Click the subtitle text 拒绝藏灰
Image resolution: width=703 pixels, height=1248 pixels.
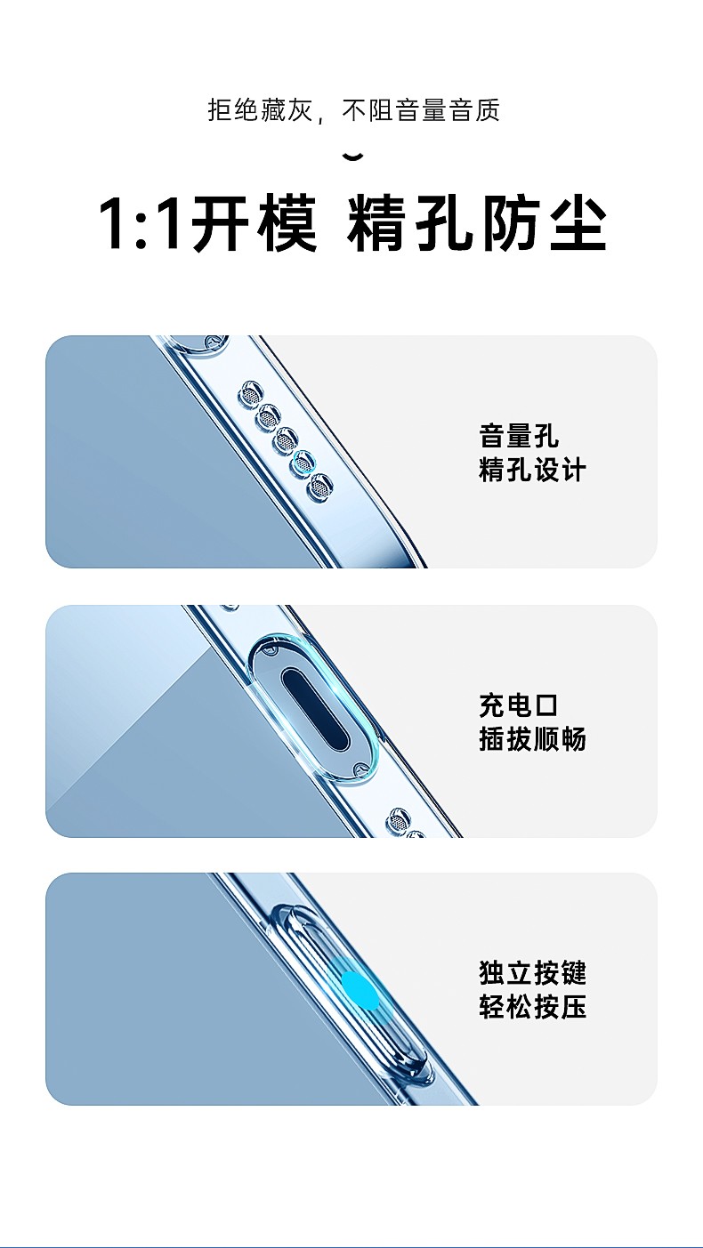259,109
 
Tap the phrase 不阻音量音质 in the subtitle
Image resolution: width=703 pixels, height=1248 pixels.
421,109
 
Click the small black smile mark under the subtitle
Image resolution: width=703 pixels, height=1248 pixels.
353,157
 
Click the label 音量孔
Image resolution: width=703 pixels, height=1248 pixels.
519,436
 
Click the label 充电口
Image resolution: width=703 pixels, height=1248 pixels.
519,705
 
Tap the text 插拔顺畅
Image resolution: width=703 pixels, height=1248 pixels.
532,739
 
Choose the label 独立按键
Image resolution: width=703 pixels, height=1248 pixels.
532,973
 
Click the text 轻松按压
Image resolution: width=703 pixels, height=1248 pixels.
532,1007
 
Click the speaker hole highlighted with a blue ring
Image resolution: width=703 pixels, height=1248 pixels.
303,462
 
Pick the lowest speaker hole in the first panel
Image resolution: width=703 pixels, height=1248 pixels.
320,487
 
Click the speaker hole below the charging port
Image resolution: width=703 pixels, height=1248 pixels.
398,820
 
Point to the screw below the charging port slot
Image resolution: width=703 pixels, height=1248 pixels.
360,771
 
